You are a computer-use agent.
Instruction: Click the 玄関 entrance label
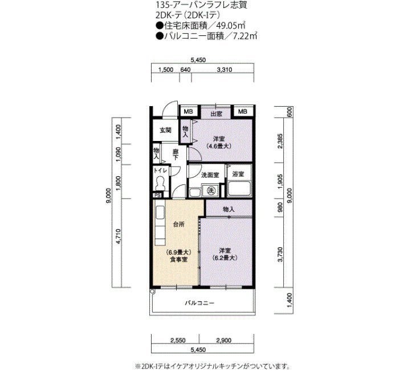(165, 130)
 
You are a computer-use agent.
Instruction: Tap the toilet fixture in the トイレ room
(160, 183)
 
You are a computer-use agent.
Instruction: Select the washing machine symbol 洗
(211, 190)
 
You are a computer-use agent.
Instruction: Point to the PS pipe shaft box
(157, 195)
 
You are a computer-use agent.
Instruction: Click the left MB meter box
(189, 111)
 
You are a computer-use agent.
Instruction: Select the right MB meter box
(243, 111)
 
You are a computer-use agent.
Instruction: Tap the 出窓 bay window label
(216, 114)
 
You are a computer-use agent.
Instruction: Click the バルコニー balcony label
(199, 303)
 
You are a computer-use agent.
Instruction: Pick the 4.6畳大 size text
(219, 146)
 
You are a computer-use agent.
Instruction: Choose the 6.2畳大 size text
(225, 257)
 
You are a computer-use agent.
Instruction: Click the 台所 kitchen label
(178, 224)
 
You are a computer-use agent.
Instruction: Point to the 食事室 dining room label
(178, 260)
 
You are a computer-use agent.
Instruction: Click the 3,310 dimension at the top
(225, 70)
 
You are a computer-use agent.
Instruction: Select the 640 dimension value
(185, 70)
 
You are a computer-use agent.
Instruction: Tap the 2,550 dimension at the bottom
(178, 340)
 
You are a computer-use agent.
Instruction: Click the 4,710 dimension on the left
(119, 236)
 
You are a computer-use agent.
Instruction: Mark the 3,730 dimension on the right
(280, 255)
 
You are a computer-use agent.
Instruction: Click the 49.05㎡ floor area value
(230, 26)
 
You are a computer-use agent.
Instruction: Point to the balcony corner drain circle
(152, 292)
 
